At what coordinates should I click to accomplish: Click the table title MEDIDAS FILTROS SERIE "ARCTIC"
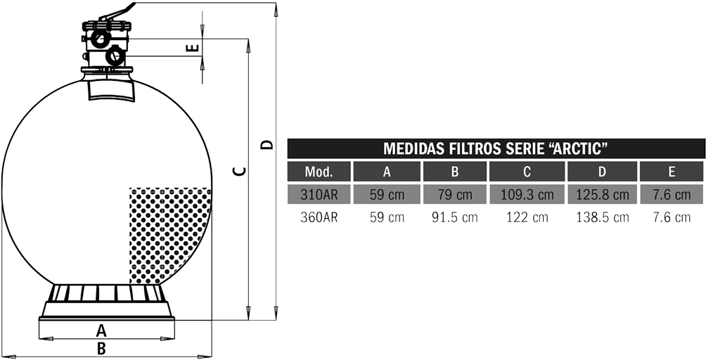point(496,148)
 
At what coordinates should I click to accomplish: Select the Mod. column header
point(319,172)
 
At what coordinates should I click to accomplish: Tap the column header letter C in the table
point(527,172)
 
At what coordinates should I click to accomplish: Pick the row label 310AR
point(319,195)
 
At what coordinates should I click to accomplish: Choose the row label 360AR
point(319,217)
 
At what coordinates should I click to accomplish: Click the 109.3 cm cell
point(527,195)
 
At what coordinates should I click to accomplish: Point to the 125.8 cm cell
point(603,195)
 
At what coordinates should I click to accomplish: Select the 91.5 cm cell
point(455,217)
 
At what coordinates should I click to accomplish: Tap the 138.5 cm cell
point(603,217)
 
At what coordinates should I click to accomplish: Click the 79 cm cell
point(455,195)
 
